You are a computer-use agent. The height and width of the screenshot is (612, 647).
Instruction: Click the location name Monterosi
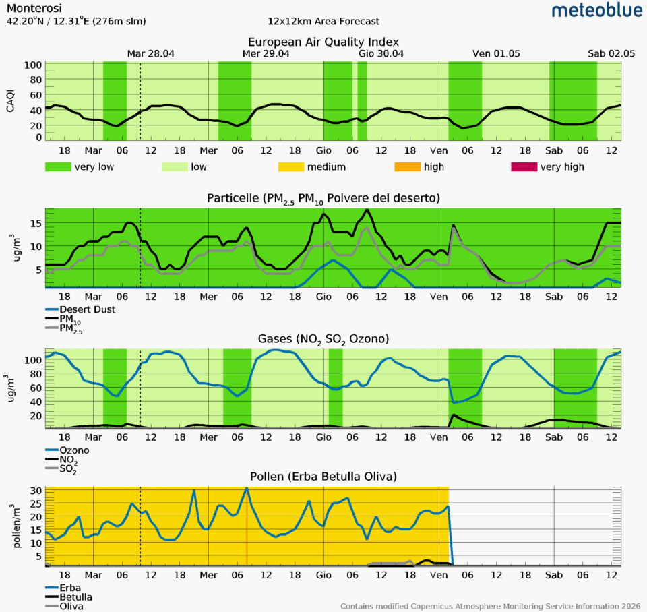(x=33, y=9)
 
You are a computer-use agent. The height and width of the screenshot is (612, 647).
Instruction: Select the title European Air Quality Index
(x=323, y=42)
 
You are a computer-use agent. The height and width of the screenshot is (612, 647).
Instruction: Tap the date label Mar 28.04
(x=151, y=54)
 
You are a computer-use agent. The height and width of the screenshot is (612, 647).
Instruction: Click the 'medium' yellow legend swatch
(x=296, y=167)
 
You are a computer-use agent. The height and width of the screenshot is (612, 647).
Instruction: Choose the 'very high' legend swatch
(x=524, y=167)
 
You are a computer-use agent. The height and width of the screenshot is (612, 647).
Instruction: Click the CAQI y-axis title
(x=10, y=101)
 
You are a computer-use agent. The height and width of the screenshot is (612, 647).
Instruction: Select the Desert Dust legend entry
(x=87, y=309)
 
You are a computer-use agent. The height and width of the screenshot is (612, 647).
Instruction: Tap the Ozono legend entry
(x=74, y=450)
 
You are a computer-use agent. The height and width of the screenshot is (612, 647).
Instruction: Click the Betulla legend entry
(x=75, y=597)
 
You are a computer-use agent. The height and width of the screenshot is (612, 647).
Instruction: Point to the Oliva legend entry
(x=71, y=607)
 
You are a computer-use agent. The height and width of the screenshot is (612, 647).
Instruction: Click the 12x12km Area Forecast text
(x=323, y=22)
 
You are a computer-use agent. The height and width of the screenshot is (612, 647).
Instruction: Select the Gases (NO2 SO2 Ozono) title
(x=323, y=338)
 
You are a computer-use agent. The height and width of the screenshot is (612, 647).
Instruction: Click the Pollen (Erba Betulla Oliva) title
(x=323, y=477)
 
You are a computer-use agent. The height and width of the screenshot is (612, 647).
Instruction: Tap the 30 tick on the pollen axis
(x=37, y=491)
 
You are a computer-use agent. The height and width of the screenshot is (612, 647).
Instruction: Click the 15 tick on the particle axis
(x=37, y=223)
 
